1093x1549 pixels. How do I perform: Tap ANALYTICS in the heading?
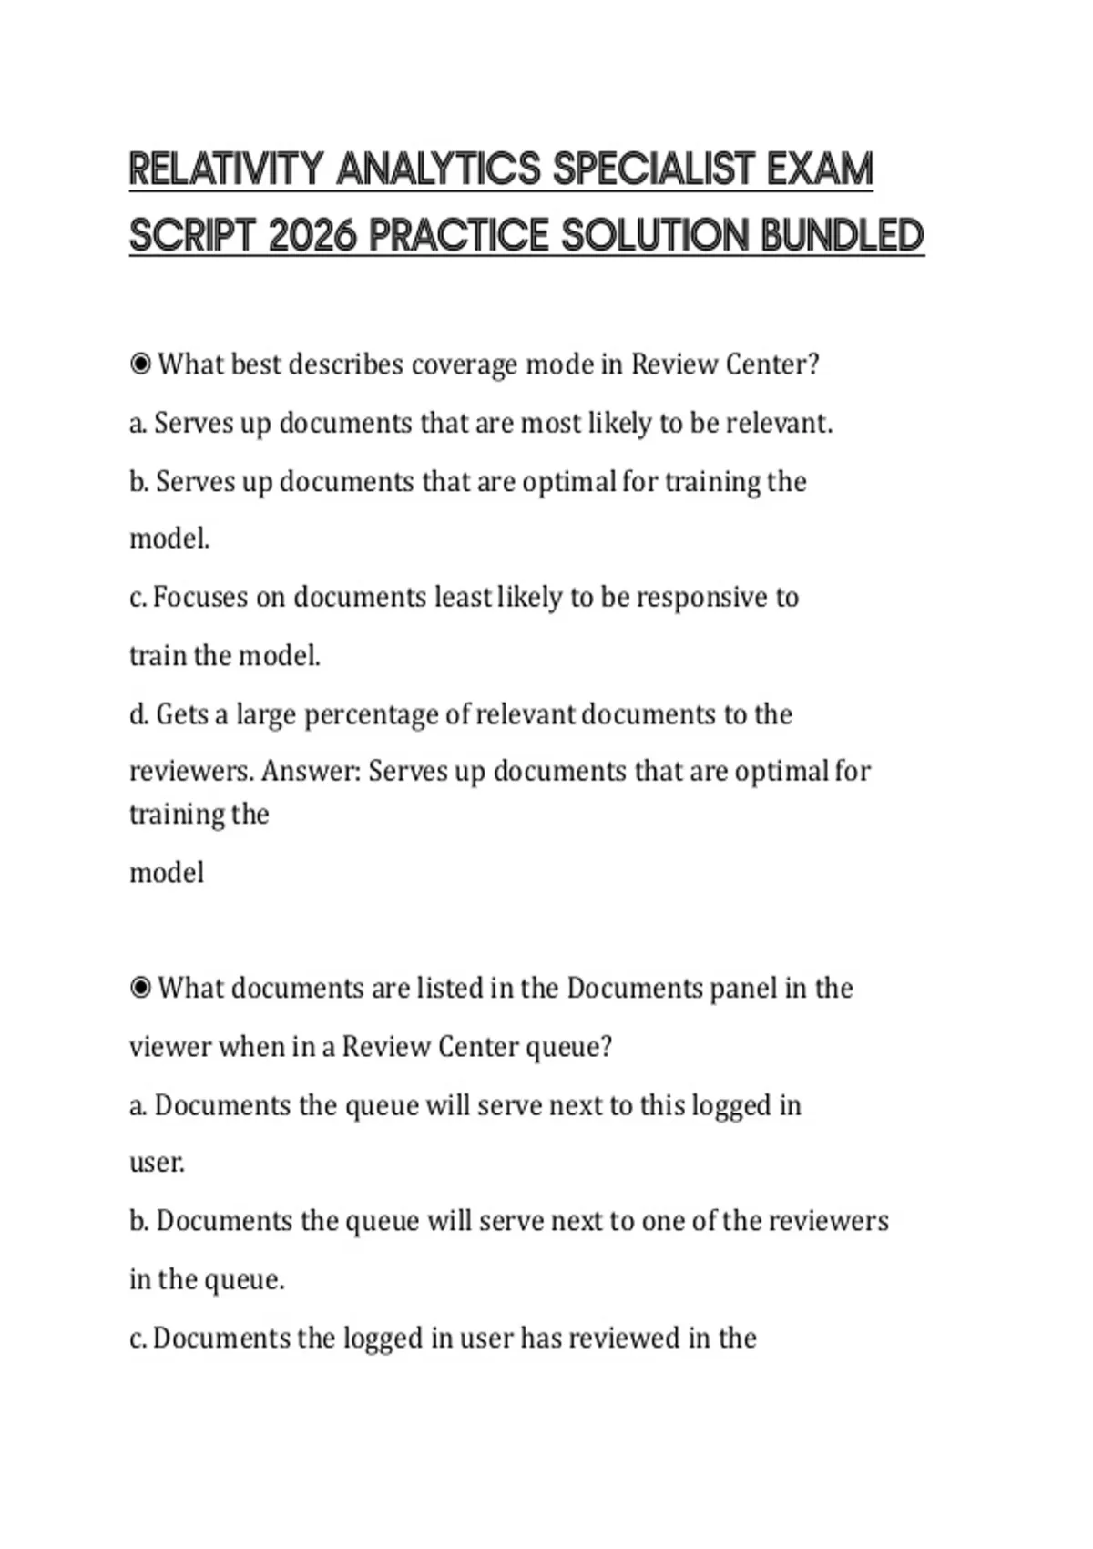coord(438,169)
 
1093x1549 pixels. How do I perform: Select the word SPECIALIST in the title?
coord(654,169)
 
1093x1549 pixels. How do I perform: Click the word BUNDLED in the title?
coord(842,236)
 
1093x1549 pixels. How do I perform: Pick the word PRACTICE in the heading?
coord(458,236)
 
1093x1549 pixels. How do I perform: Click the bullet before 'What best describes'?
coord(140,364)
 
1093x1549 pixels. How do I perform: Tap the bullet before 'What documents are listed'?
coord(140,989)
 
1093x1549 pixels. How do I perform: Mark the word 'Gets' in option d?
coord(182,714)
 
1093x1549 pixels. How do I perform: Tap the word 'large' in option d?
coord(266,715)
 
